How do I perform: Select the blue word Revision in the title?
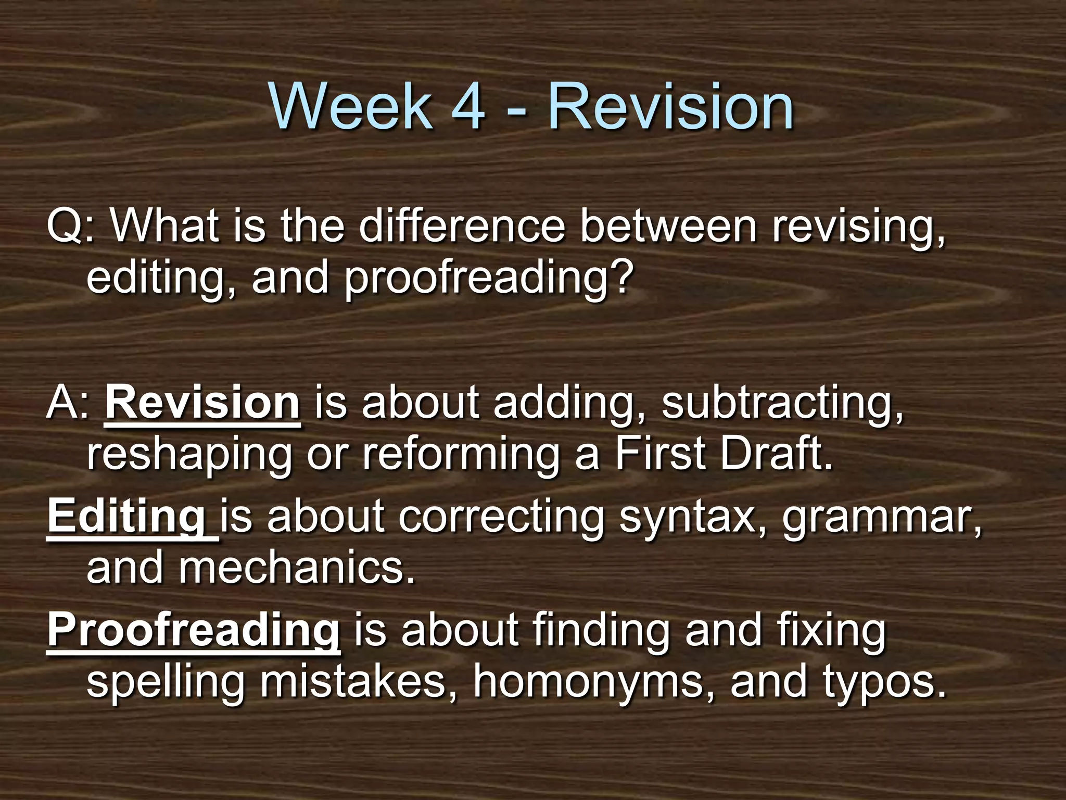click(670, 107)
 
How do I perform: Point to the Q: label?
click(71, 227)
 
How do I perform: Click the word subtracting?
click(782, 404)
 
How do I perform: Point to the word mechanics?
click(298, 568)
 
